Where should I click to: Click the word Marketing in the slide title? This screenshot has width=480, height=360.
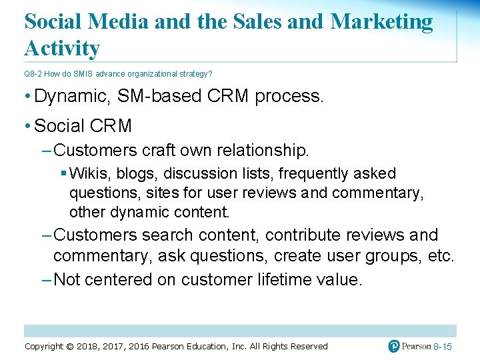pos(381,22)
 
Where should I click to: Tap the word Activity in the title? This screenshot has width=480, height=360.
pos(62,48)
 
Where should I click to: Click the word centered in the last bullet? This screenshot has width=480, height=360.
pos(119,279)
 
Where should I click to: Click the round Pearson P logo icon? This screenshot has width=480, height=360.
pos(394,346)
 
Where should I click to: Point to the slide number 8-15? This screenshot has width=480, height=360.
pos(443,347)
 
